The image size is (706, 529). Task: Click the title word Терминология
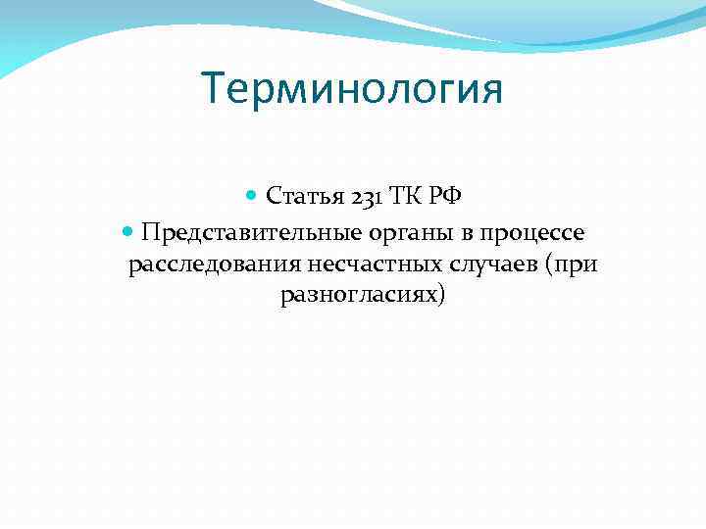[x=352, y=90]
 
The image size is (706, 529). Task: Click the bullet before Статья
[x=253, y=196]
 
